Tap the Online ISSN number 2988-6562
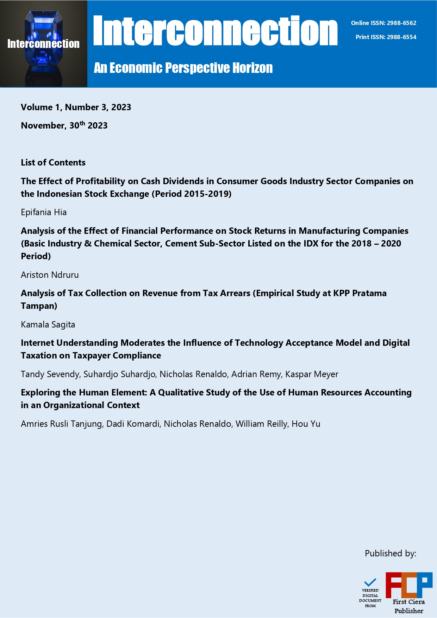[401, 23]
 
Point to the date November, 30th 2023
[64, 125]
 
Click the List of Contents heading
[53, 162]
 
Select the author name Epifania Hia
[44, 212]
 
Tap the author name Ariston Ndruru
[50, 275]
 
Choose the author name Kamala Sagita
[48, 324]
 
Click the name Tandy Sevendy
[50, 374]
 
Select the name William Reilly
[261, 424]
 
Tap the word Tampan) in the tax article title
[39, 306]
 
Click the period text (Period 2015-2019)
[192, 194]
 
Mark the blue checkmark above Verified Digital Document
[370, 582]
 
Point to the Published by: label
[390, 554]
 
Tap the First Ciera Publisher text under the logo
[408, 606]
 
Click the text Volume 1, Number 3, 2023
[76, 107]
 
